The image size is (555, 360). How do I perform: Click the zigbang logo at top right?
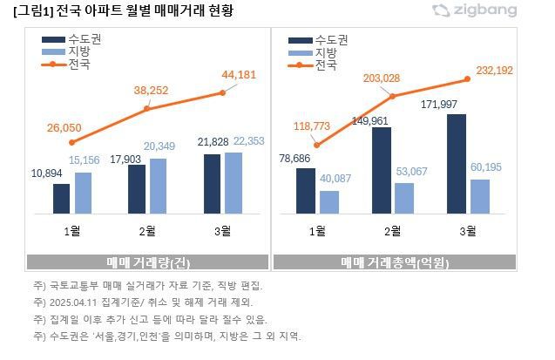pos(486,10)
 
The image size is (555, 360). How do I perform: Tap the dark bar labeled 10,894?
pos(62,199)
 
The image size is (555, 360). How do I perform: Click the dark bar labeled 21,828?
pos(212,184)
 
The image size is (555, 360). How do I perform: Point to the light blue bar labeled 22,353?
pos(234,183)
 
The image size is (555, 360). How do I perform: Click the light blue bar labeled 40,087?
pos(328,202)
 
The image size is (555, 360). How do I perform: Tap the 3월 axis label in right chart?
pos(467,231)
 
